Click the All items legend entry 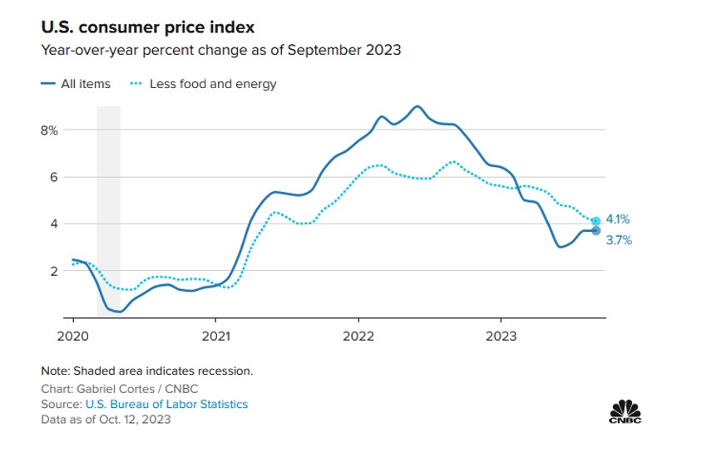pos(76,84)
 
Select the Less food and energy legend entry pos(205,84)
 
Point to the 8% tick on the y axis pos(49,130)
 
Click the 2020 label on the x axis pos(73,336)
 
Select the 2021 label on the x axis pos(215,336)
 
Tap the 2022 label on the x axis pos(358,336)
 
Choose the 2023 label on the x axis pos(500,336)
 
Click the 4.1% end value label pos(617,220)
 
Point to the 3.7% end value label pos(617,240)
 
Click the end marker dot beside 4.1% pos(596,221)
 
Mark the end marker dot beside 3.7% pos(596,230)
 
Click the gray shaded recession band pos(109,208)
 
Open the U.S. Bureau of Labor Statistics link pos(166,404)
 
